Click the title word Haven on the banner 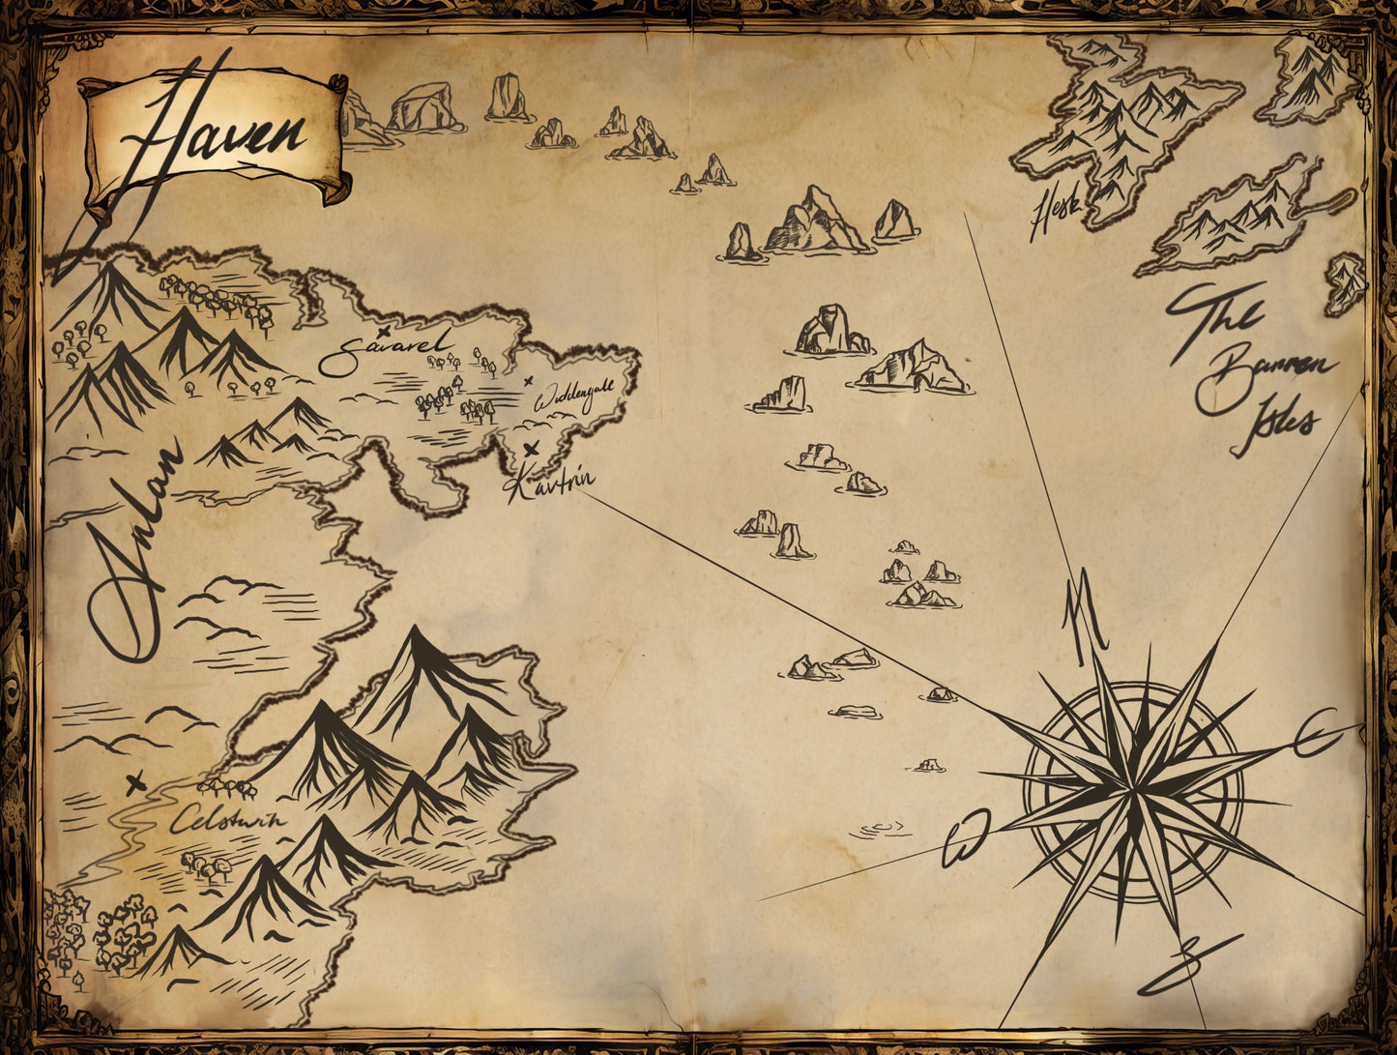click(213, 131)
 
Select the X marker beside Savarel click(384, 331)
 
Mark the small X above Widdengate click(528, 381)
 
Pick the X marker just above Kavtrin click(530, 449)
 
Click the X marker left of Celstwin click(135, 782)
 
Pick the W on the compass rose click(967, 836)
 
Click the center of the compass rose click(1132, 791)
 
